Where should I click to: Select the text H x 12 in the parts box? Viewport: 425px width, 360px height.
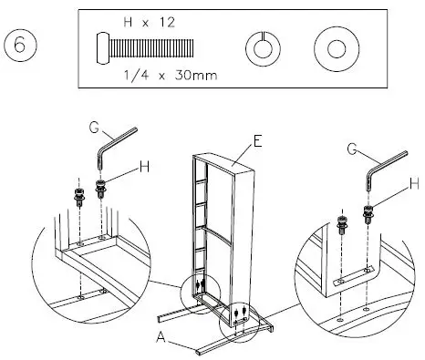147,20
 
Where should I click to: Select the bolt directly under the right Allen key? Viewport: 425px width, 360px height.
369,216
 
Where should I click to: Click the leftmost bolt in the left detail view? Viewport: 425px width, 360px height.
76,196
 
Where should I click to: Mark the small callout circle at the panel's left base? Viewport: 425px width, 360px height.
200,289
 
